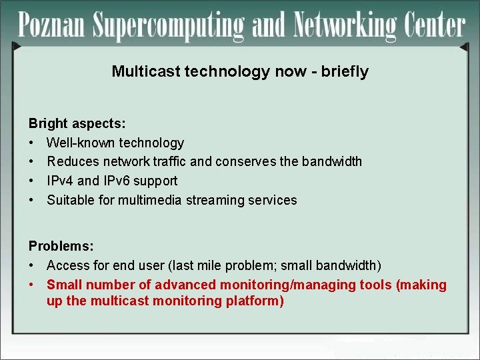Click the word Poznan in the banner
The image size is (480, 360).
coord(53,25)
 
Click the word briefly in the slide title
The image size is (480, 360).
coord(345,71)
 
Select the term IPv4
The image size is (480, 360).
coord(61,181)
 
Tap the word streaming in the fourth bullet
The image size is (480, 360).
coord(214,200)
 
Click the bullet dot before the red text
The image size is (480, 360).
coord(31,285)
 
